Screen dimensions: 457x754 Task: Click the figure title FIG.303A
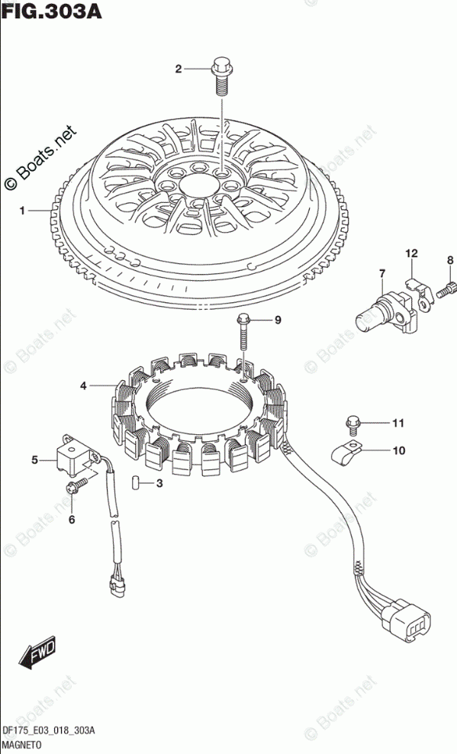coord(51,11)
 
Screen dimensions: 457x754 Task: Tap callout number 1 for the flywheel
coord(22,211)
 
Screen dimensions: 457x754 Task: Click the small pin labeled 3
coord(135,482)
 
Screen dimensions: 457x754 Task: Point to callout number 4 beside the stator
coord(83,385)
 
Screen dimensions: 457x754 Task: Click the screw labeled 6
coord(76,487)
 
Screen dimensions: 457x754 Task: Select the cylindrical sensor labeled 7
coord(384,314)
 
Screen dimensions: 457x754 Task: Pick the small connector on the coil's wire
coord(117,585)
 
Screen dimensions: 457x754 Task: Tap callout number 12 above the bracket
coord(411,253)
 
